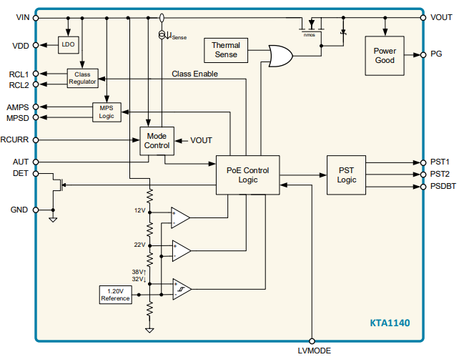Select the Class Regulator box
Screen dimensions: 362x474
(x=83, y=79)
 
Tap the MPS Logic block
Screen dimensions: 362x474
(x=107, y=112)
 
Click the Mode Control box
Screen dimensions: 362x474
(x=157, y=140)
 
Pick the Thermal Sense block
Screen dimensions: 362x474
(x=226, y=50)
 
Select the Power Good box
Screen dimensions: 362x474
(x=385, y=56)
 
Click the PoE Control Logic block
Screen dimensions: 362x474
(x=248, y=175)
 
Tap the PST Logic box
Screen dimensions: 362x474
(x=346, y=175)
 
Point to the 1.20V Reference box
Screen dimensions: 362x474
(x=115, y=295)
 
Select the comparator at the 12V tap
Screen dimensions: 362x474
(x=180, y=216)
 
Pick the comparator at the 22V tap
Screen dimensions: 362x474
(x=180, y=250)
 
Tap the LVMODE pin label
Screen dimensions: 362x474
(x=314, y=351)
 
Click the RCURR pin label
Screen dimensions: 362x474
(x=14, y=140)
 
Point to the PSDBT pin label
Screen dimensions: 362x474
(x=445, y=187)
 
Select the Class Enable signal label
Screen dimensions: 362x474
(x=194, y=74)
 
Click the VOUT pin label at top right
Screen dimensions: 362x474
(x=441, y=17)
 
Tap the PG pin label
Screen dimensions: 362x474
(x=436, y=54)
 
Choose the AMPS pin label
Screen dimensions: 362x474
(x=18, y=107)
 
